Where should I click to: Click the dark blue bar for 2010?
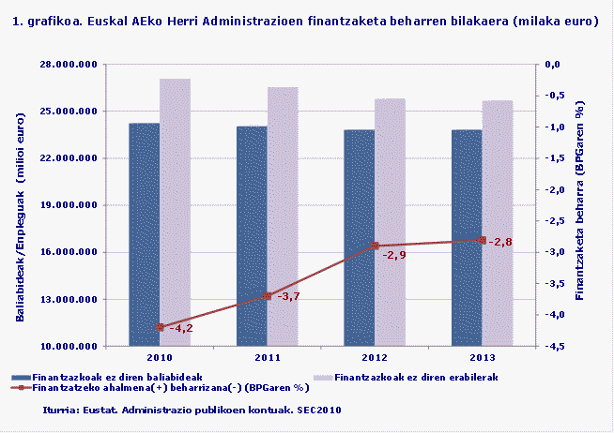[144, 234]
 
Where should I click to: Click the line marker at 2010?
[161, 327]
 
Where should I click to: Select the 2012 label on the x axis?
[375, 358]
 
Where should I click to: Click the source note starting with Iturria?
[192, 410]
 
